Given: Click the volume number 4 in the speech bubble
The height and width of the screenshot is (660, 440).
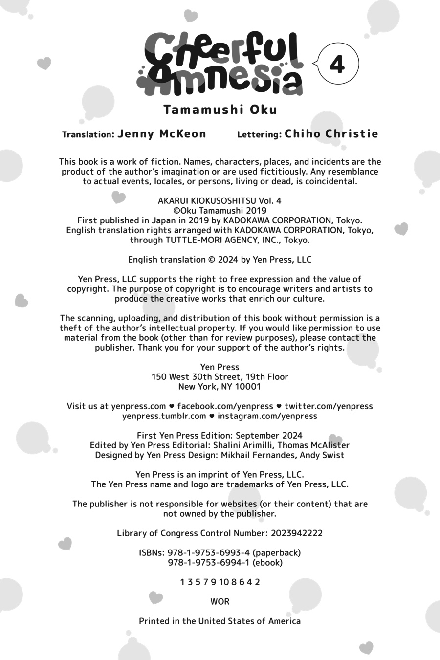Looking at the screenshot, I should pos(337,65).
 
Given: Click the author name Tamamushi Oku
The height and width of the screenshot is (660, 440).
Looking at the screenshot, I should pos(220,110).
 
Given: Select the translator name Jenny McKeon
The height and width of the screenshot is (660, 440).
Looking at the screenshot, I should pos(162,134).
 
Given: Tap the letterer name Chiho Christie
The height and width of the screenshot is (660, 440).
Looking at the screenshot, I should pos(331,134).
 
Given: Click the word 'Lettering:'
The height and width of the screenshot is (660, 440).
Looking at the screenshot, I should pos(259,134).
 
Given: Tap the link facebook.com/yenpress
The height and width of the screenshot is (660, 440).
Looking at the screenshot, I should pos(225,406).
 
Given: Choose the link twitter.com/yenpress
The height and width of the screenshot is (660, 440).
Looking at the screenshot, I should pos(329,406).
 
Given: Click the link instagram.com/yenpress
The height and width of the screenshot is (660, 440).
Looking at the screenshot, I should pos(267,416).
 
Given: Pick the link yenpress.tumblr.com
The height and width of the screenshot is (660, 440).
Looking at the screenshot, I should pos(164,416).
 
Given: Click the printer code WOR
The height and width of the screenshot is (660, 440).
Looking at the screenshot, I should pos(220,601).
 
